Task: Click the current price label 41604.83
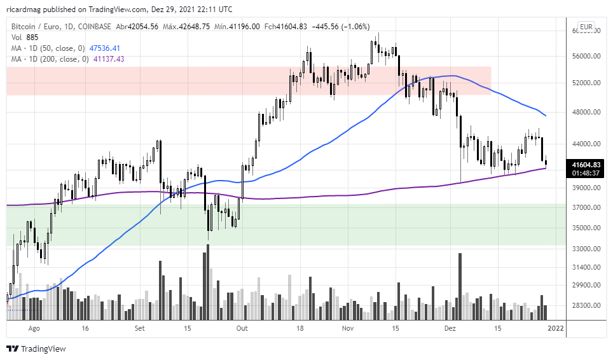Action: point(586,164)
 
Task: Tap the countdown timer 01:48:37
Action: point(586,172)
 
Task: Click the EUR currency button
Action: point(586,27)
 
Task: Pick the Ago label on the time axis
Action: point(34,328)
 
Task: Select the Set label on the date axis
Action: point(141,328)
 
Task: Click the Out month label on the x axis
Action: point(242,328)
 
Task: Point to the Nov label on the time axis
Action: point(347,328)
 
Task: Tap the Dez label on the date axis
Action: point(450,328)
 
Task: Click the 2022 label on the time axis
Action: point(556,328)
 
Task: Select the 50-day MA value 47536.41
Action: point(105,48)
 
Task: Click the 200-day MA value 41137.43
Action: point(109,59)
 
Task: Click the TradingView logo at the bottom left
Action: point(36,349)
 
